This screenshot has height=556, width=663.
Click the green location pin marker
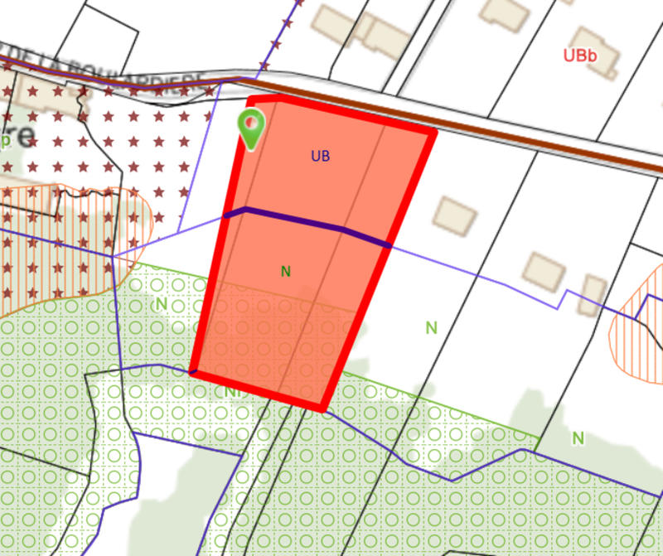[x=251, y=127]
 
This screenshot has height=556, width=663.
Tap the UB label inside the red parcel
[x=321, y=156]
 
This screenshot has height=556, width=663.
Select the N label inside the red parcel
[x=286, y=271]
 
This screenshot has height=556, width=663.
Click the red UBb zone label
[x=580, y=56]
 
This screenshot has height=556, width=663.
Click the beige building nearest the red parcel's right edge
[x=454, y=215]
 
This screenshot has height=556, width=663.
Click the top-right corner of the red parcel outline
[x=433, y=131]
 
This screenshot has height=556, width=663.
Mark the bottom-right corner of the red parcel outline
[x=322, y=408]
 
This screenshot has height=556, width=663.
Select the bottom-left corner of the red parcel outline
[x=193, y=373]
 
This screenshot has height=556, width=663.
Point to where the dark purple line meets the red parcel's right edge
[x=388, y=245]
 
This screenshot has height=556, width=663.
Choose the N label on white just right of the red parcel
[x=431, y=327]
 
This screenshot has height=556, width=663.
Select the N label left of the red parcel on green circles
[x=161, y=304]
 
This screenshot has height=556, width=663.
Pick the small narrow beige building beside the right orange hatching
[x=593, y=294]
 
